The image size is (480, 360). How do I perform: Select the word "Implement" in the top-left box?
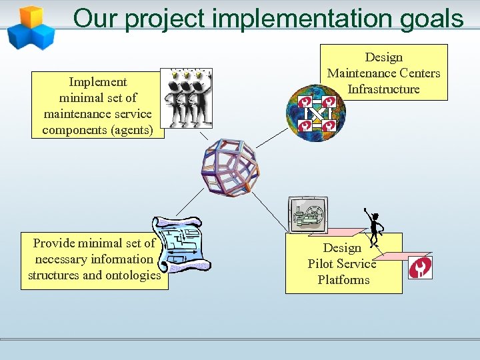coord(98,82)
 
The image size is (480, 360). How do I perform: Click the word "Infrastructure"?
coord(384,89)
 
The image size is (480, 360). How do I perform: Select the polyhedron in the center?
coord(230,167)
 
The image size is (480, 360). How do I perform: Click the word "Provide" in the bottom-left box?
coord(54,243)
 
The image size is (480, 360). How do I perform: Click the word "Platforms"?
coord(343,280)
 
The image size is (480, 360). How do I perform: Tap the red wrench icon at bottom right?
coord(421,267)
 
